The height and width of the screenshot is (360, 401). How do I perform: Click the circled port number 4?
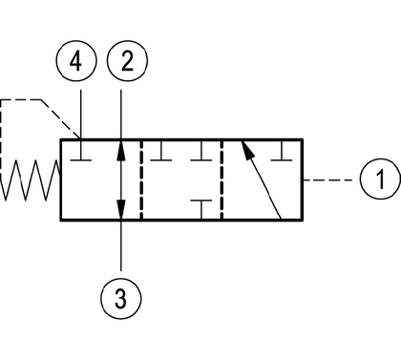tap(75, 60)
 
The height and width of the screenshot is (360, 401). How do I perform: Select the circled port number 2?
tap(127, 60)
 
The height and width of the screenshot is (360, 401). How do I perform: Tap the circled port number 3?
tap(121, 299)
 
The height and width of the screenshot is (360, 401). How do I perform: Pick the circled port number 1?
tap(381, 180)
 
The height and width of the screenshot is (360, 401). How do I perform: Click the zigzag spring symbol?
tap(31, 180)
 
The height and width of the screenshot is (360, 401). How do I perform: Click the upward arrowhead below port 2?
tap(121, 150)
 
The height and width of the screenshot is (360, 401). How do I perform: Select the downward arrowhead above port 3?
tap(121, 209)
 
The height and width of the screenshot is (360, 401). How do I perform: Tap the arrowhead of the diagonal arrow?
tap(248, 150)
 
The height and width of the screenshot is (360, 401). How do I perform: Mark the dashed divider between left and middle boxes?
tap(141, 180)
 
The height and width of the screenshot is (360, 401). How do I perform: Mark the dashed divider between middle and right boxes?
tap(222, 180)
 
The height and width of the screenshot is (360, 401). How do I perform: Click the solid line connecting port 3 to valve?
tap(121, 245)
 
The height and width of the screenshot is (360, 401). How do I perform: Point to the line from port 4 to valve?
tap(81, 115)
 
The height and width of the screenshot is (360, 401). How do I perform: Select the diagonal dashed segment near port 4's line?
tap(60, 119)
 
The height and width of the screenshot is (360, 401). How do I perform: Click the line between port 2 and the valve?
tap(121, 115)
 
